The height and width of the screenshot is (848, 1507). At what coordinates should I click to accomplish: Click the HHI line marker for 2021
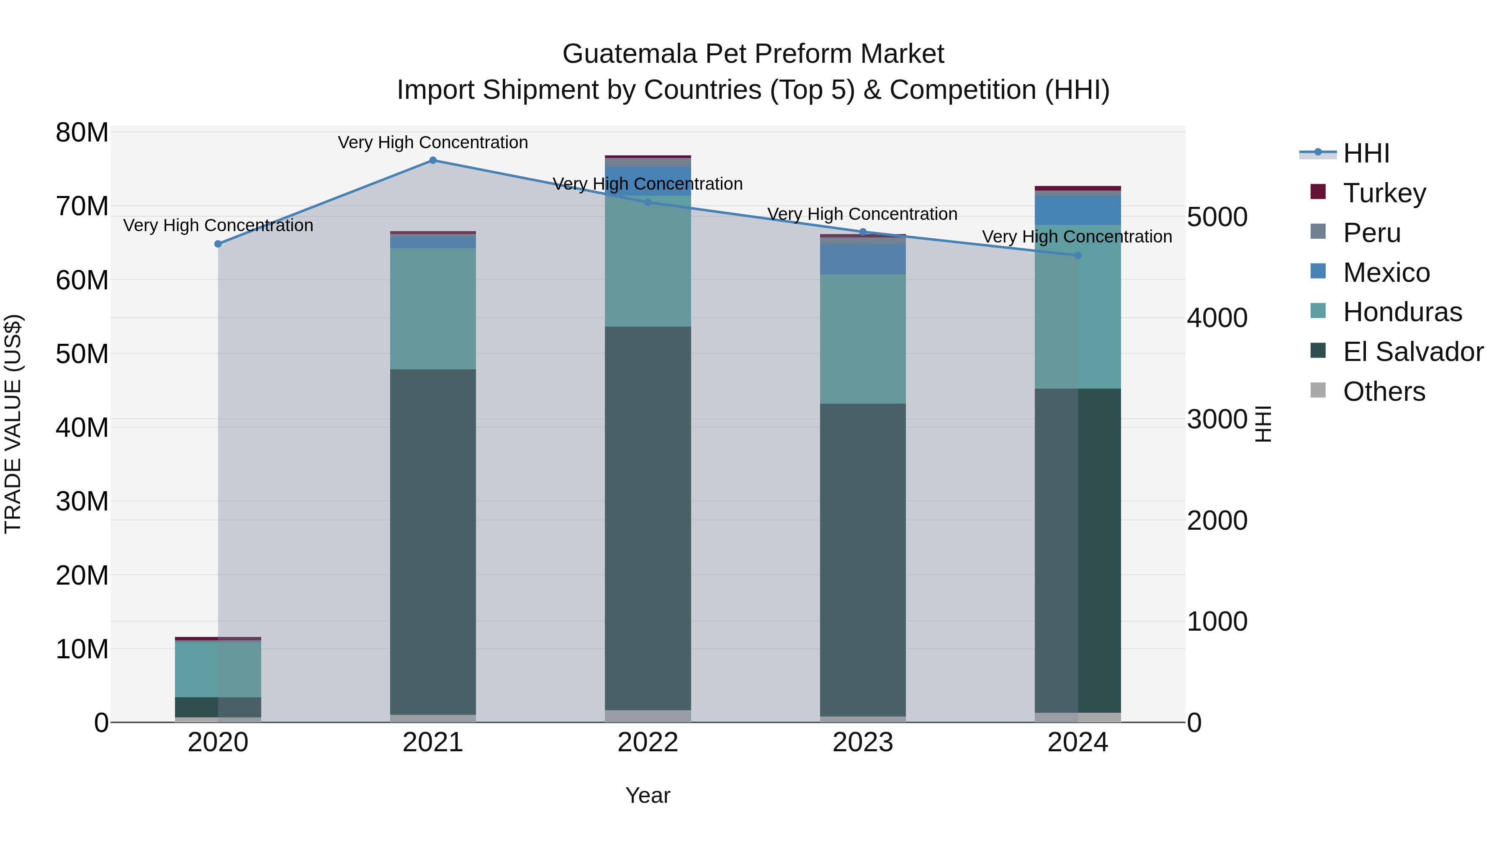coord(433,160)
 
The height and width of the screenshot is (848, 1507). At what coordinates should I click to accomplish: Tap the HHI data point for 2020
coord(218,244)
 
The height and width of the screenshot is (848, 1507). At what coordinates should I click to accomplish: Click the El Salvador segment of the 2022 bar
coord(648,518)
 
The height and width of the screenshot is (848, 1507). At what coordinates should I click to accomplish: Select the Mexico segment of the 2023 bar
coord(862,259)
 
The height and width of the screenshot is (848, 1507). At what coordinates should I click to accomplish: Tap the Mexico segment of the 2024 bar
coord(1078,211)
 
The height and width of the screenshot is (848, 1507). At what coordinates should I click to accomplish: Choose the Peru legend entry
coord(1371,233)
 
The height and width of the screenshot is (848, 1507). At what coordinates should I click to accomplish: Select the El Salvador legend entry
coord(1412,352)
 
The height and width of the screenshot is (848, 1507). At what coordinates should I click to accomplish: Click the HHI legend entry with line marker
coord(1366,153)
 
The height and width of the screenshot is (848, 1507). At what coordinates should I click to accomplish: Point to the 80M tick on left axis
coord(82,133)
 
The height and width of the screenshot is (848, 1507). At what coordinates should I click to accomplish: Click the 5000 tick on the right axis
coord(1217,217)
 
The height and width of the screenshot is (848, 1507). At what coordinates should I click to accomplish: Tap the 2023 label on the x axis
coord(862,742)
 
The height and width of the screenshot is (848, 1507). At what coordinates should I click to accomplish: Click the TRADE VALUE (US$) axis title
coord(13,424)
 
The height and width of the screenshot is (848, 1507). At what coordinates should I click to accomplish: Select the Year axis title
coord(648,795)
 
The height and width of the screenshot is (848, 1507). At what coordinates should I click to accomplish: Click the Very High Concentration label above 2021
coord(433,142)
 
